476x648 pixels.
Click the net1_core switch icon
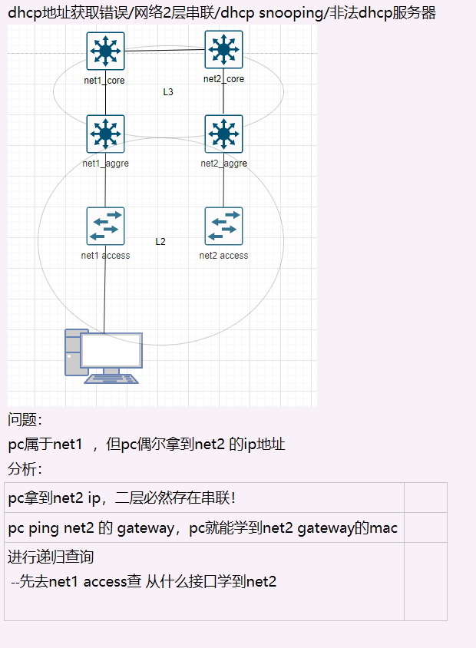105,51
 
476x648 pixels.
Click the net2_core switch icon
223,50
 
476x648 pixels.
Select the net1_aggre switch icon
105,134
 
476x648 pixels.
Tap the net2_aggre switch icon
223,134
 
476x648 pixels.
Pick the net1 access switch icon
105,226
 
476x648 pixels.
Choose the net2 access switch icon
223,226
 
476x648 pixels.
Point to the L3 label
168,92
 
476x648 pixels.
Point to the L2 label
160,242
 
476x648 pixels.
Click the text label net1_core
104,81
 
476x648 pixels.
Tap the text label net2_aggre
223,164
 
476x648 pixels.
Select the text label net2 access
223,256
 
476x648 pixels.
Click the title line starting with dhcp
222,13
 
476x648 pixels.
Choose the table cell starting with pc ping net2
203,528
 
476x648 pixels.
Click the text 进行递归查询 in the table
51,557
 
